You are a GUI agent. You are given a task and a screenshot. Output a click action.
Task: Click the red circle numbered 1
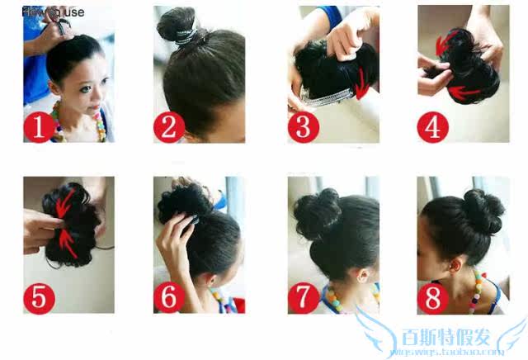pos(38,127)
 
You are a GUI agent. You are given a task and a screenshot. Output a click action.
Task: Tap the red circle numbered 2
pos(169,127)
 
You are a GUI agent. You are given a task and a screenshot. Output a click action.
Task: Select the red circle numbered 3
pos(303,127)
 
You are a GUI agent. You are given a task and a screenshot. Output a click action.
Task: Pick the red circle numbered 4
pos(433,126)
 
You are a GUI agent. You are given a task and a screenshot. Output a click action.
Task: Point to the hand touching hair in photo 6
pos(171,239)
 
